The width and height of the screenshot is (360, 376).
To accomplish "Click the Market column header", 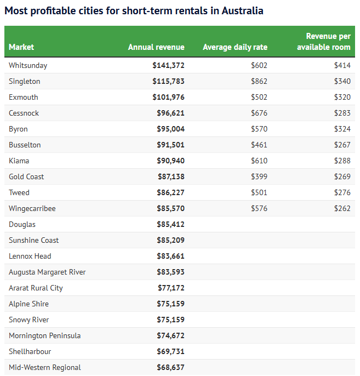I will (21, 47).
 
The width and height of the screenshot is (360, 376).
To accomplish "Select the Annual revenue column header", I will (156, 47).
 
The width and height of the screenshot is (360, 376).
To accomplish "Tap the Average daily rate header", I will (235, 47).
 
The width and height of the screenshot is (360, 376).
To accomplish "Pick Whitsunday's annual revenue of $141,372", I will (168, 65).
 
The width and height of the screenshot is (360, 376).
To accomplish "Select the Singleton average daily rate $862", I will (259, 81).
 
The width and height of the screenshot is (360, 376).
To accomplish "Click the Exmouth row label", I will (24, 97).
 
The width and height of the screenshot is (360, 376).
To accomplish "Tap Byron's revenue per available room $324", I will (342, 129).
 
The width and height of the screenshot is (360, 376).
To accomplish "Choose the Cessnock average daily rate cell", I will (259, 113).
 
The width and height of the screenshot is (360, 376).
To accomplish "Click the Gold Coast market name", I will (26, 176).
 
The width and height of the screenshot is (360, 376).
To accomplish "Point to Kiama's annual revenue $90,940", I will (170, 161).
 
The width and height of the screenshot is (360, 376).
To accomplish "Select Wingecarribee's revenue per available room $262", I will (342, 208).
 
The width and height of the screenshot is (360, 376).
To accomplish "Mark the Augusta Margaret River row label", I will (47, 272).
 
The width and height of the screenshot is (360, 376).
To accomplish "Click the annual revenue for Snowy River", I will (170, 320).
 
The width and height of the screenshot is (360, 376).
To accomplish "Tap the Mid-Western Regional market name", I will (45, 367).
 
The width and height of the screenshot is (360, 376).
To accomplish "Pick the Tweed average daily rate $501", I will (259, 192).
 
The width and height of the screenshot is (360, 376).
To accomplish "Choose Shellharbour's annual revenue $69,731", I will (170, 351).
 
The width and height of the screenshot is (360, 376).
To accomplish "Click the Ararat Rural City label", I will (36, 288).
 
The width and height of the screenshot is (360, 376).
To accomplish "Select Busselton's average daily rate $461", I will (259, 145).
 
